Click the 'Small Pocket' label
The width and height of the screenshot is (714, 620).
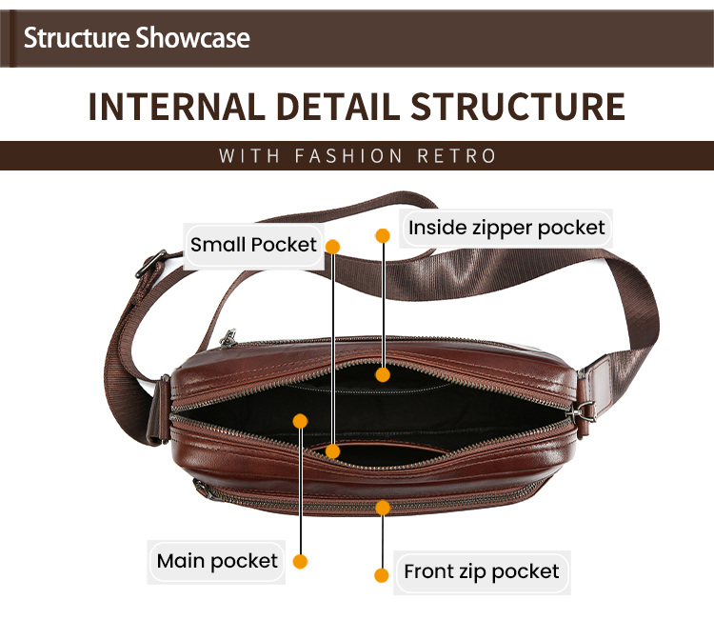pos(253,245)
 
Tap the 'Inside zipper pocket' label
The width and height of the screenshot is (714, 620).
pos(506,228)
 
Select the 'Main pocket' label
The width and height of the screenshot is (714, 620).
pos(217,561)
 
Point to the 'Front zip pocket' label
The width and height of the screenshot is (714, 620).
pos(481,572)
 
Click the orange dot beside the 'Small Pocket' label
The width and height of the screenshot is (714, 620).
pos(333,246)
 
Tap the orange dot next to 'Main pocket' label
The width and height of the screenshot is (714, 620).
pos(300,562)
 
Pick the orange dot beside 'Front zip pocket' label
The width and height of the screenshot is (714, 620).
pos(382,575)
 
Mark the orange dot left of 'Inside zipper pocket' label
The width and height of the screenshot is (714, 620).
pos(383,234)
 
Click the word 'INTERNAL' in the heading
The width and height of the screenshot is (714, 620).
pos(174,107)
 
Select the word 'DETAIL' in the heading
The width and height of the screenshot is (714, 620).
pos(345,107)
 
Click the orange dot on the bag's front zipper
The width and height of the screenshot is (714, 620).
pos(383,507)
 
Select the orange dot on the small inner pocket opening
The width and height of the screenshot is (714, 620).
pos(332,450)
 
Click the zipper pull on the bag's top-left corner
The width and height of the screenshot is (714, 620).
pos(228,338)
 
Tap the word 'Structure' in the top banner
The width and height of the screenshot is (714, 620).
pos(77,38)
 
